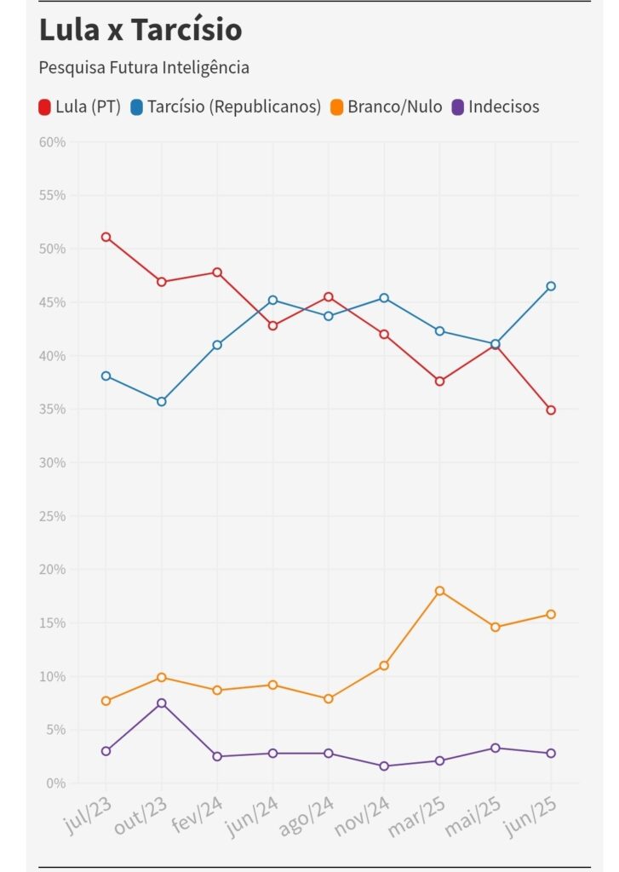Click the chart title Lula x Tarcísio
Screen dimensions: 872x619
tap(140, 31)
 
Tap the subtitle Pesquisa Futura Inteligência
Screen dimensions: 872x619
tap(144, 67)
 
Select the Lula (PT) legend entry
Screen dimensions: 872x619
tap(80, 107)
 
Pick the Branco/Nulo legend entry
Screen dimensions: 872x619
tap(387, 107)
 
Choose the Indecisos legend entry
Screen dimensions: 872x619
tap(495, 107)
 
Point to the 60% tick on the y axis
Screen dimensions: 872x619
tap(52, 142)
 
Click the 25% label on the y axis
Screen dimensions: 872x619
tap(52, 516)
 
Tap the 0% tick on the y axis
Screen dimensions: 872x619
tap(55, 783)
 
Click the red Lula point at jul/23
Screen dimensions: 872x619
tap(106, 237)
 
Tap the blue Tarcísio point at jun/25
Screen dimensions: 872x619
tap(551, 286)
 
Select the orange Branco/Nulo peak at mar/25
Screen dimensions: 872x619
tap(439, 591)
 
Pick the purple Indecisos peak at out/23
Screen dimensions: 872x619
tap(161, 703)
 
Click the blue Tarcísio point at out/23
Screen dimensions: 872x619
tap(161, 401)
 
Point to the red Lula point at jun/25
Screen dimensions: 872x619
tap(551, 410)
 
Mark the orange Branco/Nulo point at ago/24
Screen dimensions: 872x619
tap(329, 699)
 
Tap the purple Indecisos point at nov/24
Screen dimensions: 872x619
tap(384, 766)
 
